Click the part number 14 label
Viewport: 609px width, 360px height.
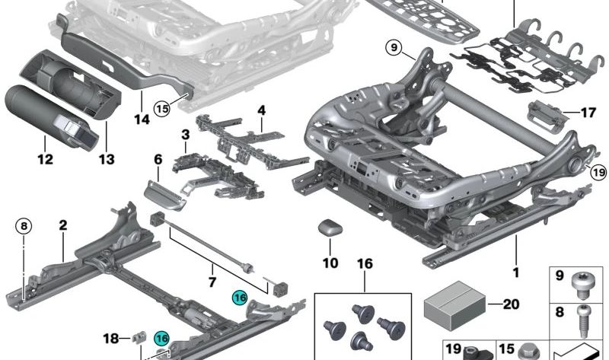(142, 119)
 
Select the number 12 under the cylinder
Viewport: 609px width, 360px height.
(45, 159)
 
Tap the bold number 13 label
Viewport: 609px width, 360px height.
(107, 159)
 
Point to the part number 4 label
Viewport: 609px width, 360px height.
(262, 110)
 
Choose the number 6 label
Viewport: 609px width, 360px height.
(158, 159)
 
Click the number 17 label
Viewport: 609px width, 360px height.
(588, 113)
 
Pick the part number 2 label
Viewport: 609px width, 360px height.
(63, 225)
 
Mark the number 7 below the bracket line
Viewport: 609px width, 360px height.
(212, 282)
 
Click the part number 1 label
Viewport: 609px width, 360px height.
(516, 272)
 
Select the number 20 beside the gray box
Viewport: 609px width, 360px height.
(511, 304)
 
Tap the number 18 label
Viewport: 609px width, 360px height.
(111, 338)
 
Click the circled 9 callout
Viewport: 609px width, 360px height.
(394, 48)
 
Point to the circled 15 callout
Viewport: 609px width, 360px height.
(162, 108)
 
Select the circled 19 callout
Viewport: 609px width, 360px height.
(598, 172)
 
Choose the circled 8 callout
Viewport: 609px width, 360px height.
(24, 226)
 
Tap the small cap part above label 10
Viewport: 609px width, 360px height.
(330, 228)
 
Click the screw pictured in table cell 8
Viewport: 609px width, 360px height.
(582, 321)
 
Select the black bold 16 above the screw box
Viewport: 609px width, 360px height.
(365, 264)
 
